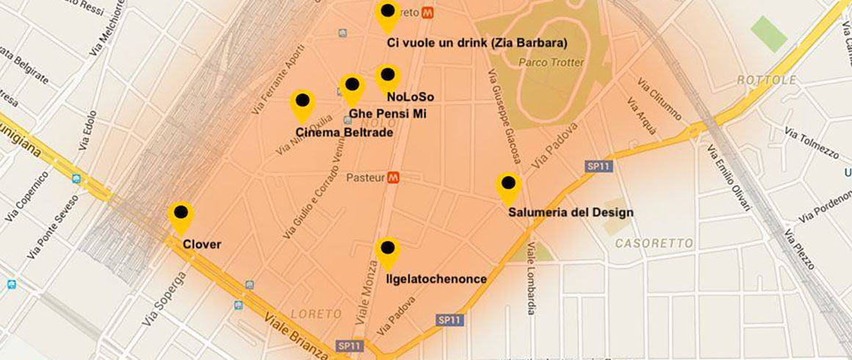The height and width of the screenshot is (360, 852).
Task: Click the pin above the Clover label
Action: tap(181, 215)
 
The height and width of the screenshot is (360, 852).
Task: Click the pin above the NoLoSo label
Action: tap(387, 76)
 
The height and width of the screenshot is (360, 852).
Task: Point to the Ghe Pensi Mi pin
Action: tap(353, 87)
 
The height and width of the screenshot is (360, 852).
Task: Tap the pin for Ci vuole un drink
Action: tap(387, 14)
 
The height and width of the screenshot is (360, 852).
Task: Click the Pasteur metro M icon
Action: tap(394, 177)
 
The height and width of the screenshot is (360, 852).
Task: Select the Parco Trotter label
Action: tap(552, 62)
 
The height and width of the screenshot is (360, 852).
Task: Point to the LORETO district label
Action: tap(317, 314)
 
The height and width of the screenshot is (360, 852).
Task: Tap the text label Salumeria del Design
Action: tap(571, 213)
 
